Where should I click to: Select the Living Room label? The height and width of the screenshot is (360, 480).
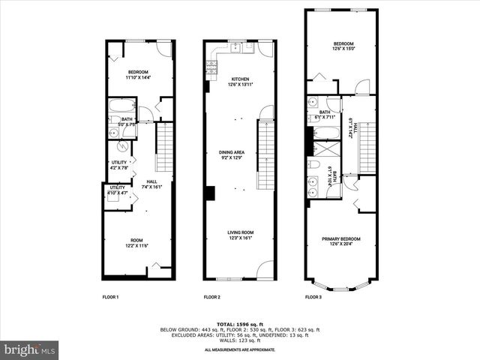point(240,235)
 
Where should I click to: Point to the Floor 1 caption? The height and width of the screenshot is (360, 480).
point(110,298)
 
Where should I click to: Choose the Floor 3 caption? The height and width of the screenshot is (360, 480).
point(313,298)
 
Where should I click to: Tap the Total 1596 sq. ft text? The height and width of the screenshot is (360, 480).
point(240,323)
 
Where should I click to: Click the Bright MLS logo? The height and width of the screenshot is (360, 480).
point(30,349)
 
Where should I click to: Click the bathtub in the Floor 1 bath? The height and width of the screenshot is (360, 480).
point(121,106)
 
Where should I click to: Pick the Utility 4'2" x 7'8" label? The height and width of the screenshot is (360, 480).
point(119,165)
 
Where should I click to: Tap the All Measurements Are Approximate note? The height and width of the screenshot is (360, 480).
point(240,350)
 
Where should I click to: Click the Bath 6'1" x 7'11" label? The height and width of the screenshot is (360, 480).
point(324,114)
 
